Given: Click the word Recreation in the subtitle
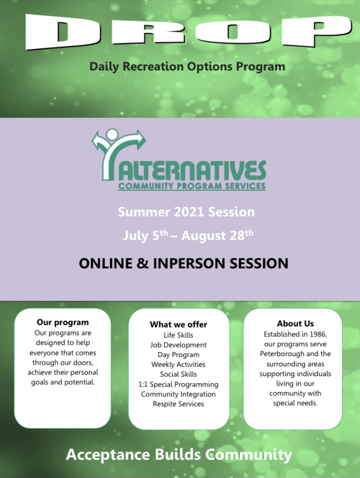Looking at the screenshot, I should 152,66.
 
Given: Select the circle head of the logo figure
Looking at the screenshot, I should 112,135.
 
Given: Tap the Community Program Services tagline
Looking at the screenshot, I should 191,186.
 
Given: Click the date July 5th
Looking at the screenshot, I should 145,235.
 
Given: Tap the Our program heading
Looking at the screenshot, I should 63,322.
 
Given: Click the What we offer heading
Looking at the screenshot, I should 178,324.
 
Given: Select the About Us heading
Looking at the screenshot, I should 295,323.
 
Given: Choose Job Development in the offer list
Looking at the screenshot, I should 178,345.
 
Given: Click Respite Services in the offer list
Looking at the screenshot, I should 178,404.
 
